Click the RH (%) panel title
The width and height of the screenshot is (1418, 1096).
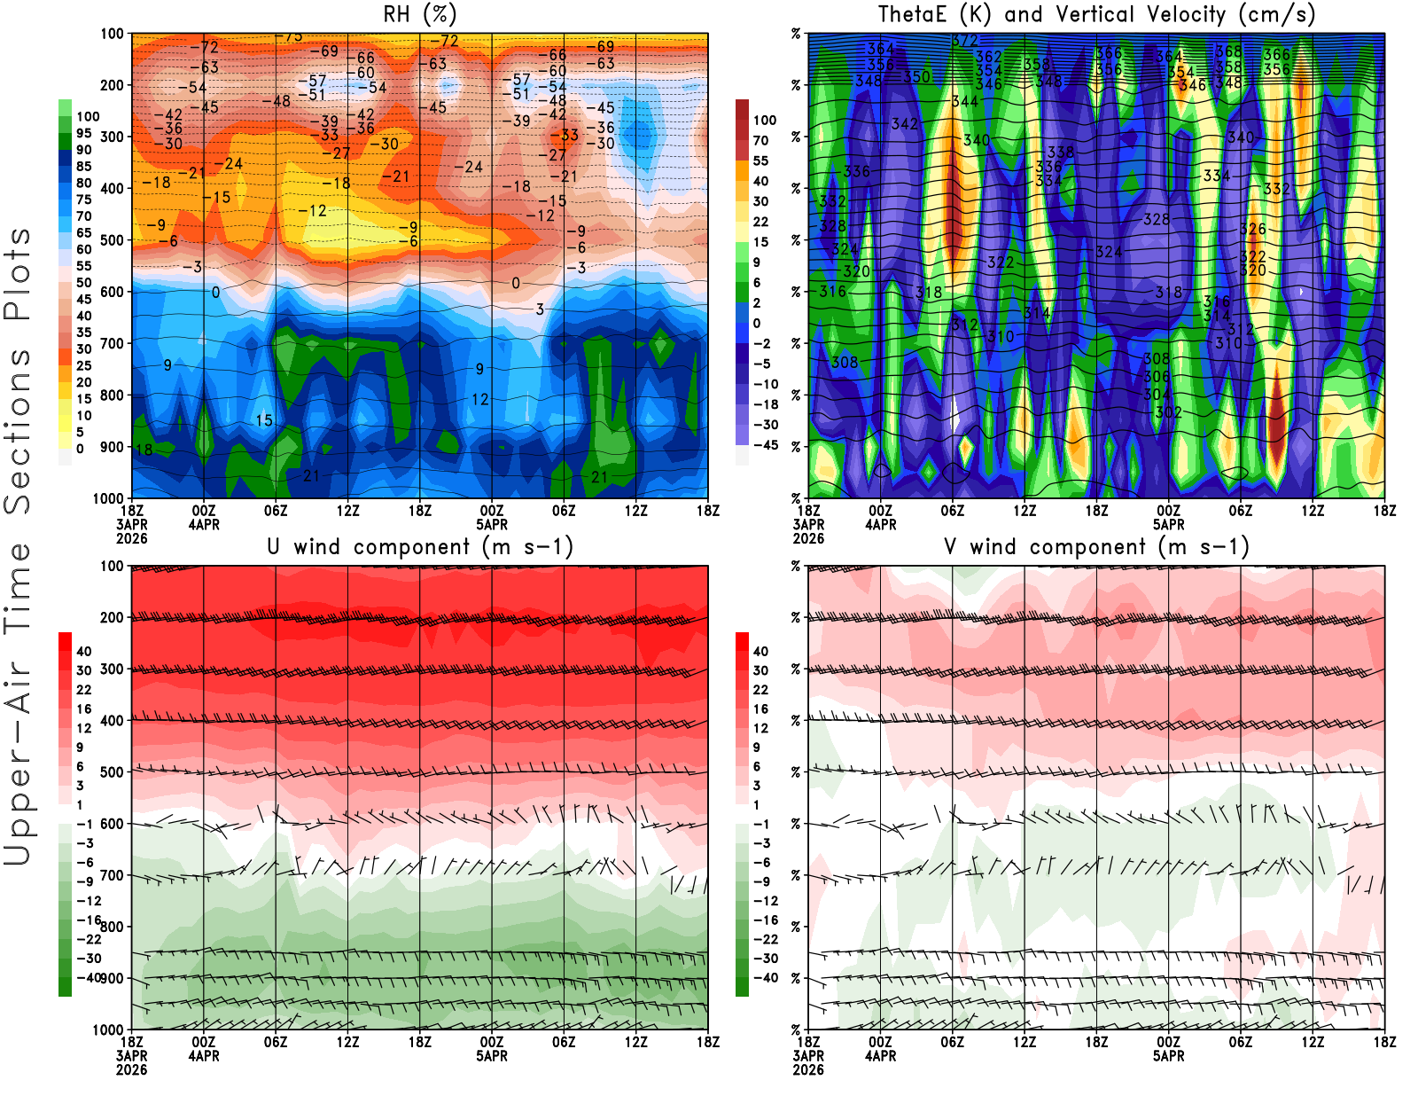coord(420,15)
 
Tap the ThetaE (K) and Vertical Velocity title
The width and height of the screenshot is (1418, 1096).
coord(1096,15)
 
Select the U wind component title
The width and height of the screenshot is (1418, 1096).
coord(420,547)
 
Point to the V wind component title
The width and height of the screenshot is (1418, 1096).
coord(1096,547)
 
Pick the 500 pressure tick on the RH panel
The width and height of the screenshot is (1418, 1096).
coord(112,240)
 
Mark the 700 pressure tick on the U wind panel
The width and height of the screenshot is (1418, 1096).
coord(112,875)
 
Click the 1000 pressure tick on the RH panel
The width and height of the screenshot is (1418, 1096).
coord(108,498)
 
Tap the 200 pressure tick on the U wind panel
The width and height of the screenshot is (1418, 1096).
coord(112,617)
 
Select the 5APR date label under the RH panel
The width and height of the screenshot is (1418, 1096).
coord(492,525)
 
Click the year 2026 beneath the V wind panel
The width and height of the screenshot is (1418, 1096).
coord(808,1070)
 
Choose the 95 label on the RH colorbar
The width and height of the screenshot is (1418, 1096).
coord(84,133)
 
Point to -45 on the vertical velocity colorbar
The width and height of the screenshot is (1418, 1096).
coord(766,445)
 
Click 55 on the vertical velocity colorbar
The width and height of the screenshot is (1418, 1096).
coord(760,160)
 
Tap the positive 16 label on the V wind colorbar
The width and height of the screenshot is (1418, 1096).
coord(760,709)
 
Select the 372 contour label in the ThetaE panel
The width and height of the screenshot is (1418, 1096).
coord(965,41)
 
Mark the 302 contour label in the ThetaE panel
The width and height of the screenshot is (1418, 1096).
coord(1169,412)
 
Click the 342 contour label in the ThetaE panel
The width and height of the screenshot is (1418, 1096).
coord(905,124)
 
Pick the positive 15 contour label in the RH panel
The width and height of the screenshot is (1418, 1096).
coord(264,420)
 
